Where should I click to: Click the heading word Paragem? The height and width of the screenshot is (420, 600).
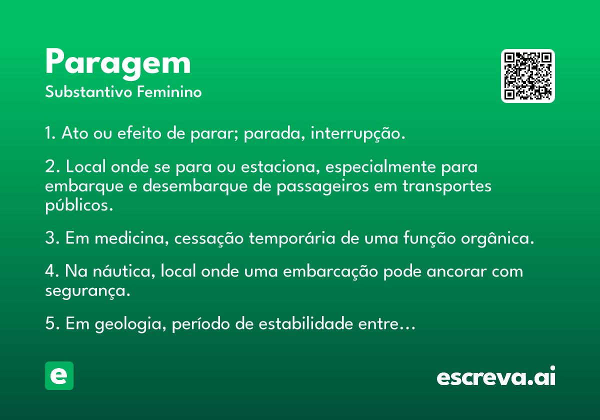click(x=118, y=64)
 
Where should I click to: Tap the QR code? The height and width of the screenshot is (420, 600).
click(x=527, y=76)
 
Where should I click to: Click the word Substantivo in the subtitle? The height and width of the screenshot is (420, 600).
click(x=88, y=92)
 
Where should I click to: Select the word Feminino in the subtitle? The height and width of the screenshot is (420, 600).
click(x=169, y=92)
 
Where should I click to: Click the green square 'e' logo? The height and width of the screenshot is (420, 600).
click(x=59, y=375)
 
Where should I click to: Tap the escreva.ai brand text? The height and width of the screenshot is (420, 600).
click(x=496, y=376)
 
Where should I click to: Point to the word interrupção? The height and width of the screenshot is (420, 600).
click(x=358, y=133)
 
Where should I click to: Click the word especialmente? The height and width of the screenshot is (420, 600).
click(x=380, y=167)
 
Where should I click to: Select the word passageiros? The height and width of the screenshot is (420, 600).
click(x=323, y=187)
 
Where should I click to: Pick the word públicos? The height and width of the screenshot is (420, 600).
click(x=79, y=205)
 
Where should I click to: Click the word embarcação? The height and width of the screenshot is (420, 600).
click(x=330, y=271)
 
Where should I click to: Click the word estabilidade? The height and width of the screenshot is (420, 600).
click(x=306, y=323)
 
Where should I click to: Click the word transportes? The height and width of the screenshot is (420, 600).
click(x=447, y=187)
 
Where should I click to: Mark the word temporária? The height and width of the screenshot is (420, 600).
click(x=292, y=238)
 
